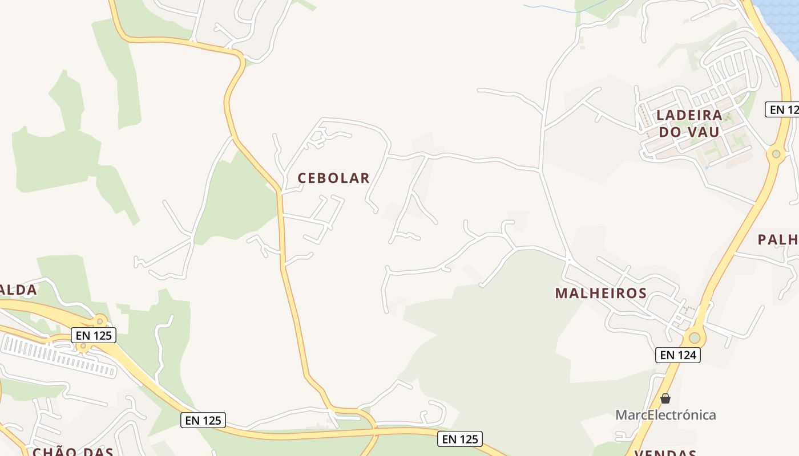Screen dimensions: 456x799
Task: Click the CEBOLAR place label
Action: (334, 178)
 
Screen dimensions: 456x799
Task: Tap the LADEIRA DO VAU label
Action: (689, 123)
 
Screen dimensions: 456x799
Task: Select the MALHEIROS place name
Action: (601, 293)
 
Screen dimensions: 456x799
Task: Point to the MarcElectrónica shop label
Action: (665, 414)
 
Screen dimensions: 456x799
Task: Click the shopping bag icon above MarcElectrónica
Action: (665, 398)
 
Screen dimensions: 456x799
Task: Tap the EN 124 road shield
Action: (677, 355)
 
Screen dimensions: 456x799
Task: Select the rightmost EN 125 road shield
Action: (461, 439)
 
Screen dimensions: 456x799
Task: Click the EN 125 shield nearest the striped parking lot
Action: (94, 335)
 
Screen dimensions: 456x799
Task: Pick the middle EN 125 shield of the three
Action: (204, 421)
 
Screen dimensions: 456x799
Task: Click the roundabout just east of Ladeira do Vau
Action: (776, 154)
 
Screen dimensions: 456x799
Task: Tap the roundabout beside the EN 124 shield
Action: (695, 337)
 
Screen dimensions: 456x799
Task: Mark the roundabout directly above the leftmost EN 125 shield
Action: (100, 321)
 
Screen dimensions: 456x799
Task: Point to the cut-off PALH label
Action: (778, 239)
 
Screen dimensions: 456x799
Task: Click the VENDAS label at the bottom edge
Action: (665, 453)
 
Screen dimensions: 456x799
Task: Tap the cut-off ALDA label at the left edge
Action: (18, 290)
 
